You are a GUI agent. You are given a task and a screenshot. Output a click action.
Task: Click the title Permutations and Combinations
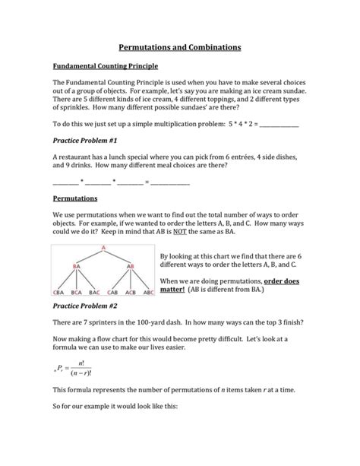180,47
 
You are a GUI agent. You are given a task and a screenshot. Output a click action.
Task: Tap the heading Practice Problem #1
84,141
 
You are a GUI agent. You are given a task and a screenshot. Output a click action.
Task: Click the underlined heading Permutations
74,198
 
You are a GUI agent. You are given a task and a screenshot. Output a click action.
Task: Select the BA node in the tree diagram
77,265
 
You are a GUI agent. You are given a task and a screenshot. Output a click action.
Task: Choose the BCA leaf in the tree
76,291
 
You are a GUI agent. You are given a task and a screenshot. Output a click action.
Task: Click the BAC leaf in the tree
94,291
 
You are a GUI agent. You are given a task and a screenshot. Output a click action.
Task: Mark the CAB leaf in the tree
113,291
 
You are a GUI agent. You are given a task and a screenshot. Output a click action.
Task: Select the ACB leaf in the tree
131,291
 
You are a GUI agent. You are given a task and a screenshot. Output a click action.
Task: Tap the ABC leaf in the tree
149,291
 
